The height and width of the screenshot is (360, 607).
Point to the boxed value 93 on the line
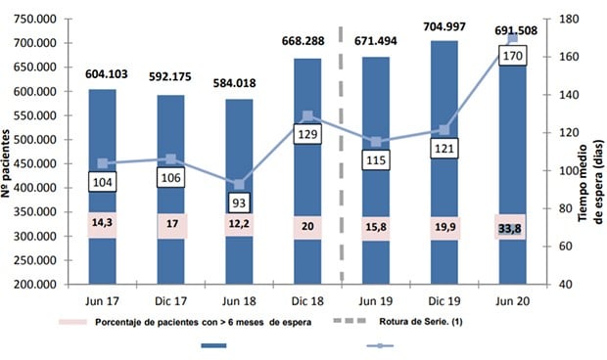[239, 201]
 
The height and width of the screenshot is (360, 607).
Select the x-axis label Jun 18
[238, 299]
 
